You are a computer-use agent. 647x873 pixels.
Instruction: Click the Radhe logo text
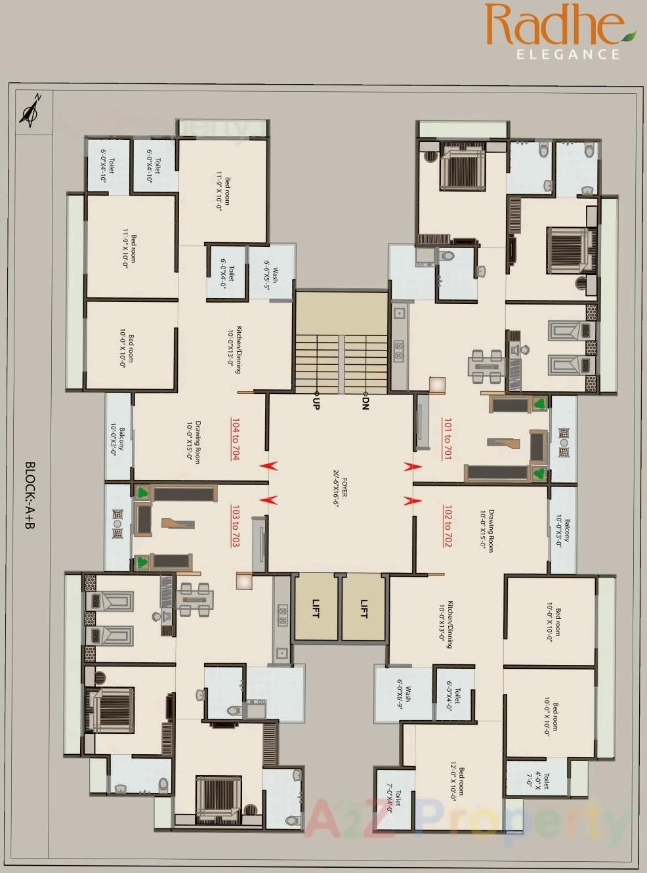pyautogui.click(x=554, y=25)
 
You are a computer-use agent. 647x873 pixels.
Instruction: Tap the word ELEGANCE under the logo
pyautogui.click(x=568, y=54)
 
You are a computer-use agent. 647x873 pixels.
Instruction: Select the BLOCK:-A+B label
pyautogui.click(x=30, y=496)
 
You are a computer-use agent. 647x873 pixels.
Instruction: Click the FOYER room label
pyautogui.click(x=340, y=488)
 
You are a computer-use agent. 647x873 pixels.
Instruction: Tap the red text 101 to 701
pyautogui.click(x=448, y=438)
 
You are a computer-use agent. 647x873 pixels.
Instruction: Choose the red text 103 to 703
pyautogui.click(x=235, y=526)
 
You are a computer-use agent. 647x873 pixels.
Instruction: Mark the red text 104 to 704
pyautogui.click(x=235, y=438)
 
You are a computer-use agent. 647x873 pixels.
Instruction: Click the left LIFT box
pyautogui.click(x=316, y=608)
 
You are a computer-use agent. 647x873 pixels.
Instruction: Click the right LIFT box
pyautogui.click(x=364, y=608)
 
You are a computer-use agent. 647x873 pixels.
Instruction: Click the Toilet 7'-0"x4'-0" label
pyautogui.click(x=394, y=798)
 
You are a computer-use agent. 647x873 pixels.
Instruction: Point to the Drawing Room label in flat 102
pyautogui.click(x=487, y=530)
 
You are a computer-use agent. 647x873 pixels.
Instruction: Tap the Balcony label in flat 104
pyautogui.click(x=117, y=439)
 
